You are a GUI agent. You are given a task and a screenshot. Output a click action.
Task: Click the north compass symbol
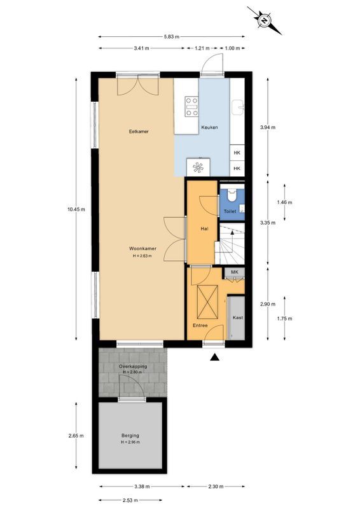pos(263,20)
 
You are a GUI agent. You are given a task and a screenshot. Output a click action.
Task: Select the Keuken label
pos(209,128)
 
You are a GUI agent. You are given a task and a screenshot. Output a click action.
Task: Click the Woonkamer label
pos(142,249)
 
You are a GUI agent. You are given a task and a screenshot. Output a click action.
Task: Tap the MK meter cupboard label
pos(234,272)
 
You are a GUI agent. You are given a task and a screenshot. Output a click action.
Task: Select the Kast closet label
pos(237,317)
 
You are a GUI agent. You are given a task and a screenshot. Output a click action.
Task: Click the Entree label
pos(200,325)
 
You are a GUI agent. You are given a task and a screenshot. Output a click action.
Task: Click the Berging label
pos(130,436)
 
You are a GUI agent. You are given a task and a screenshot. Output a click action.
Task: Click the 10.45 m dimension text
pos(77,209)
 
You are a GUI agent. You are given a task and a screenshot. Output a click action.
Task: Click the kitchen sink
pos(238,106)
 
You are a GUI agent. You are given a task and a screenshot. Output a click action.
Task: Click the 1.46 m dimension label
pos(286,202)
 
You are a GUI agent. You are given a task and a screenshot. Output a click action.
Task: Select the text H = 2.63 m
pos(142,256)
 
